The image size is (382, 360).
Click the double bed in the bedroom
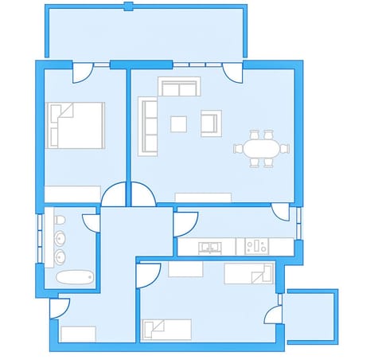[76, 125]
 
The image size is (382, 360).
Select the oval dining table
[261, 148]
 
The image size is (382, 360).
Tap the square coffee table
[179, 123]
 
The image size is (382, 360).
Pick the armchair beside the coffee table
[210, 123]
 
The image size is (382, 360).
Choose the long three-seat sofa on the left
[148, 125]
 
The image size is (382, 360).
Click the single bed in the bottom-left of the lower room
[166, 329]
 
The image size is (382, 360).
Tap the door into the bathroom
[91, 221]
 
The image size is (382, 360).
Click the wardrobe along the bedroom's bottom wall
[72, 194]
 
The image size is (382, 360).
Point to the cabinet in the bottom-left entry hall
[78, 334]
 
